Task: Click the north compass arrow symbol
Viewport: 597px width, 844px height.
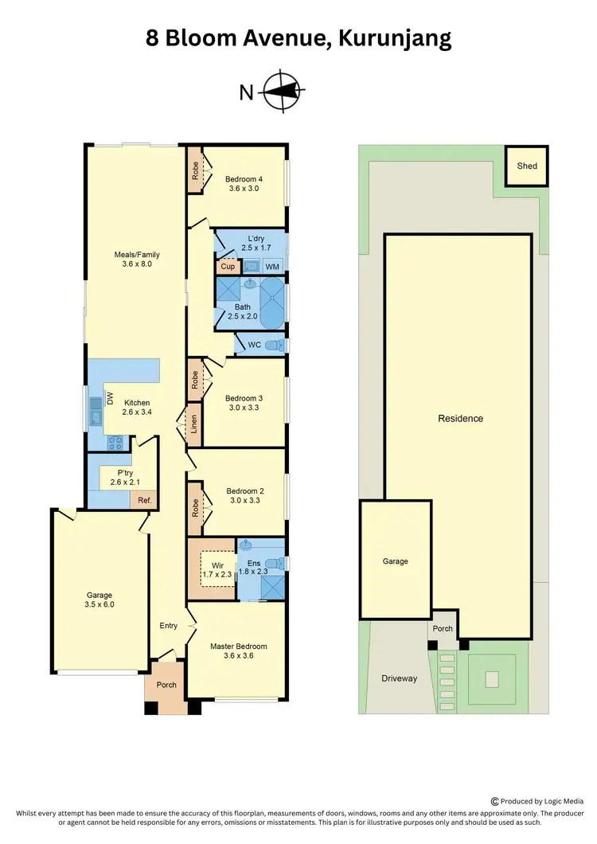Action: click(x=284, y=92)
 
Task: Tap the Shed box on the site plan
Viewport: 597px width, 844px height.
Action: click(x=527, y=166)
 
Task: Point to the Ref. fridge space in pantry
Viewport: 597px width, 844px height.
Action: click(x=145, y=500)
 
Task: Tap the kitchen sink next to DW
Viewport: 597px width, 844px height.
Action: click(x=96, y=412)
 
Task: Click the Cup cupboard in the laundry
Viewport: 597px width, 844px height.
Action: click(x=228, y=267)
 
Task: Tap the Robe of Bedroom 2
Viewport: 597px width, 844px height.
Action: click(x=195, y=506)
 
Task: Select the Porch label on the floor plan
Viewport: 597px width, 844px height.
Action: click(x=166, y=686)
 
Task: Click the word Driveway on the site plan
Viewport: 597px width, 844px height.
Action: click(x=399, y=678)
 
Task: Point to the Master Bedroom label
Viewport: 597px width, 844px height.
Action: click(x=239, y=646)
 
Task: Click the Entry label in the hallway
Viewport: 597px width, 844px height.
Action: click(x=168, y=626)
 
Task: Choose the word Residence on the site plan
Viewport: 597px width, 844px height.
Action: click(x=461, y=418)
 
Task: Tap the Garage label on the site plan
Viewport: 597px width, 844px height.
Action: click(x=395, y=561)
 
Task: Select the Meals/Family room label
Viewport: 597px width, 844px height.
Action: click(x=137, y=255)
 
